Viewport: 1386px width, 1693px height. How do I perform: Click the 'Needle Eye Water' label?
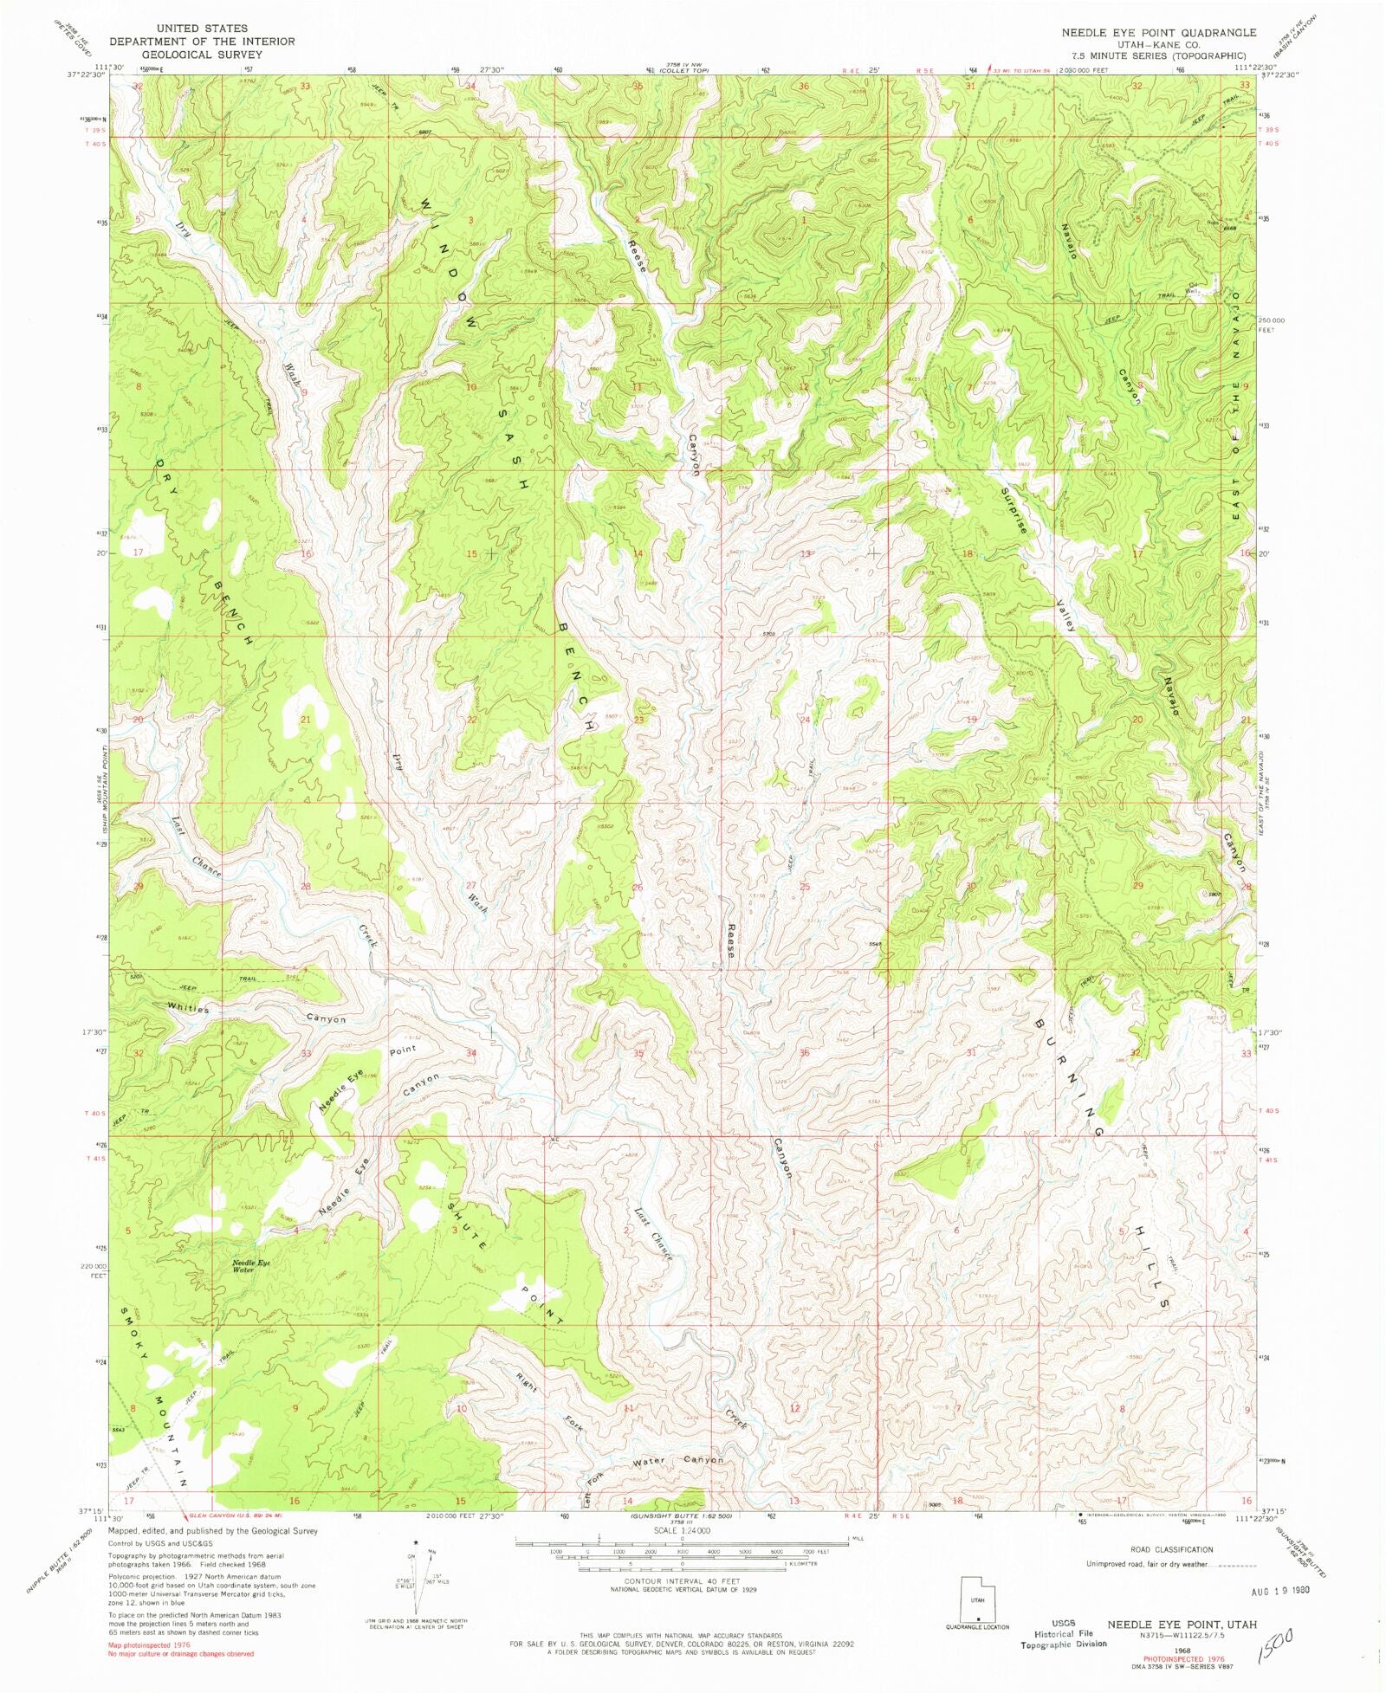250,1266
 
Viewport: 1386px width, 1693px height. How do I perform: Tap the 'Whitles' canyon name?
189,1009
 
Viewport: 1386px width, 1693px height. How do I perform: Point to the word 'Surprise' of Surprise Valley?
1014,510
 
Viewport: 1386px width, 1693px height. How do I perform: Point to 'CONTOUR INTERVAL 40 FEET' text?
681,1581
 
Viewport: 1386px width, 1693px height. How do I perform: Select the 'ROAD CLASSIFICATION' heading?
1171,1549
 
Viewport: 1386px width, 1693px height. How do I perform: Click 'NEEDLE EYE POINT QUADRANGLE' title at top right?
1159,32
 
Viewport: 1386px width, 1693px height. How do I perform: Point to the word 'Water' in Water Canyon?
649,1462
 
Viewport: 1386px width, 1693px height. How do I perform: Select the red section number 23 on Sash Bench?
639,720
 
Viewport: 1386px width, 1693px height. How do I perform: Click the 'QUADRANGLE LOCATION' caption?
977,1627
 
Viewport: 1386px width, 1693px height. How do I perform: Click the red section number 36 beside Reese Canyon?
805,1053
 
